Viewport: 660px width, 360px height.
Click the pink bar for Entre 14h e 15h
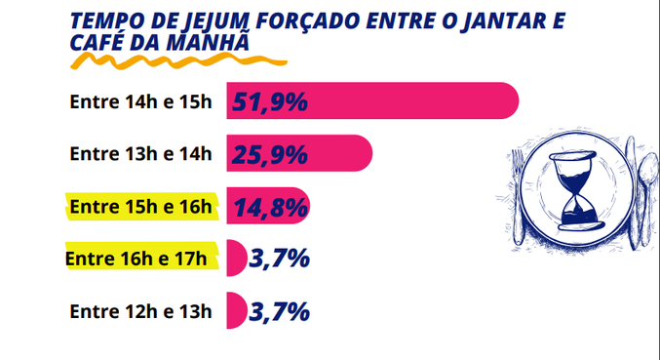(409, 100)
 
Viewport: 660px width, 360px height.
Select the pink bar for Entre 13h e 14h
(341, 153)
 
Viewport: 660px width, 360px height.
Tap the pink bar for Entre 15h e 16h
(292, 206)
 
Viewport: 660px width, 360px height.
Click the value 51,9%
(270, 100)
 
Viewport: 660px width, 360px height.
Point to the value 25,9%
(270, 153)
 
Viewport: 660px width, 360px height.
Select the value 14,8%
(270, 206)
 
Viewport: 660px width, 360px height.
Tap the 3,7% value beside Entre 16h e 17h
(280, 259)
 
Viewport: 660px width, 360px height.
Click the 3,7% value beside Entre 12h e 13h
(280, 311)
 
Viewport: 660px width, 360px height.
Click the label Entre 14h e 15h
(140, 101)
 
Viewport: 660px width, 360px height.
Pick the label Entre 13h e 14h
(140, 153)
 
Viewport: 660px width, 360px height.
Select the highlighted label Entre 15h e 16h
(140, 206)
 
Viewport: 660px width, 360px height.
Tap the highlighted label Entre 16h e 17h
(136, 259)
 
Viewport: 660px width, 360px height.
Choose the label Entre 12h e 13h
(140, 311)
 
